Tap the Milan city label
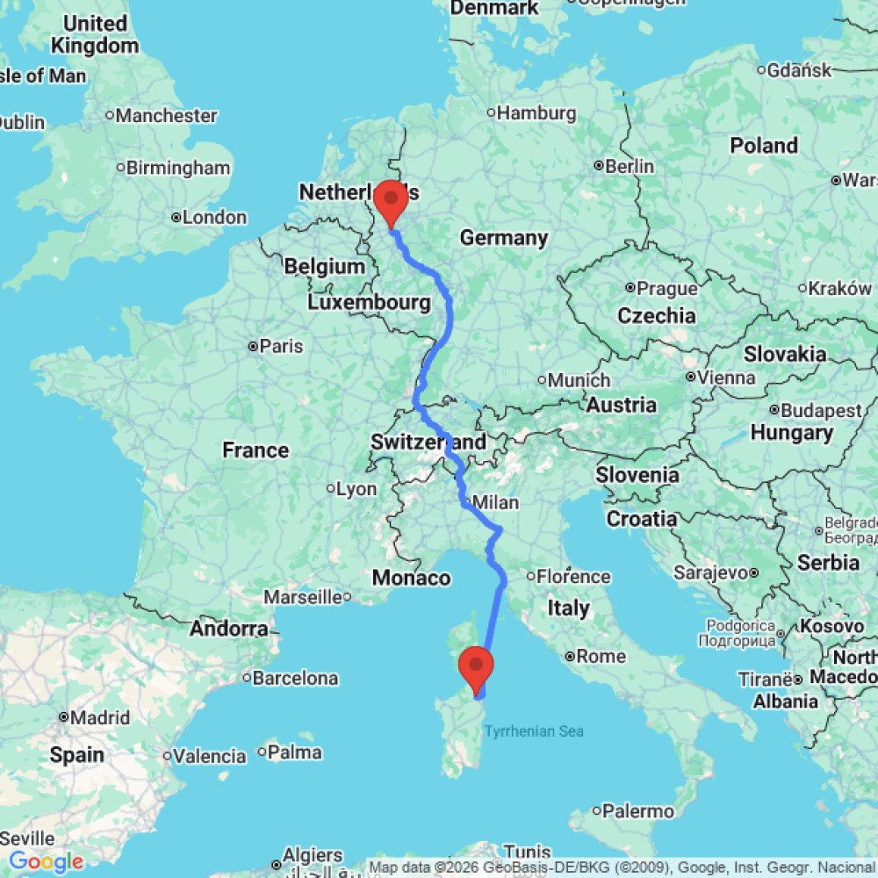(495, 503)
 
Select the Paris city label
(281, 346)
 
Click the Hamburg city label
(536, 113)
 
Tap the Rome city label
(601, 656)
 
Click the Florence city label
(574, 577)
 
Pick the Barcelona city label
(295, 678)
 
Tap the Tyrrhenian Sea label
(535, 731)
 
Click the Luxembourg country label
(369, 303)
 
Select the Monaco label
(411, 578)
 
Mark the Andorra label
(229, 629)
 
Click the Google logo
(46, 862)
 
